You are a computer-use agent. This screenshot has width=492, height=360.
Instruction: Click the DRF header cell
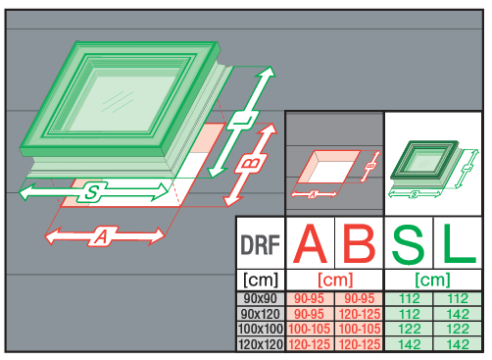261,244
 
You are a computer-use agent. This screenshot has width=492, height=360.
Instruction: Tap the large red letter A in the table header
310,243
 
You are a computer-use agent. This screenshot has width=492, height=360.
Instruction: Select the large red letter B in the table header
359,243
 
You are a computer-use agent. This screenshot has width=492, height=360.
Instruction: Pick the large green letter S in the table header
409,243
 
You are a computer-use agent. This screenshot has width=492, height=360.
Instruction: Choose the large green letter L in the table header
459,243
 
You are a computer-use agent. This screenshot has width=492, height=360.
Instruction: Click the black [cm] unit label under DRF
261,280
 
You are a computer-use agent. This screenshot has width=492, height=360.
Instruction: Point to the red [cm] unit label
335,280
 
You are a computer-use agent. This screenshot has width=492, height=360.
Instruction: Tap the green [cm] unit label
432,280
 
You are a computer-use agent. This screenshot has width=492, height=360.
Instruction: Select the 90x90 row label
261,298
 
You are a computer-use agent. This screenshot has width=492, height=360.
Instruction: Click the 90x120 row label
261,314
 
